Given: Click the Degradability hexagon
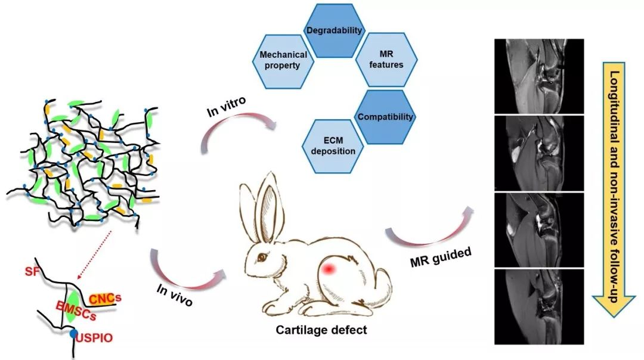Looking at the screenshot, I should coord(334,30).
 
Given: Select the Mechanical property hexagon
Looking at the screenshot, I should coord(284,60).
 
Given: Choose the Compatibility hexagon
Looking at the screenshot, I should coord(385,117).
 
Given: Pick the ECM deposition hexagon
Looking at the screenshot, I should coord(333,146).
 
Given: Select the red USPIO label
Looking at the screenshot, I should coord(95,338).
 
